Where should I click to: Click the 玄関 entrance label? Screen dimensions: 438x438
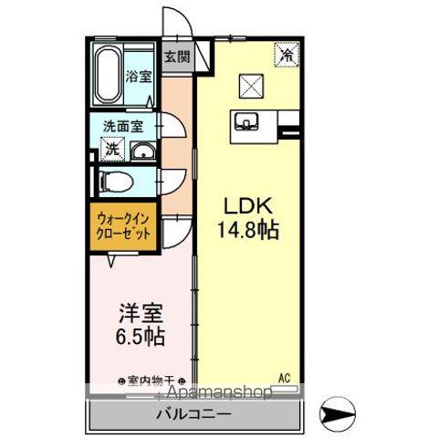(x=177, y=57)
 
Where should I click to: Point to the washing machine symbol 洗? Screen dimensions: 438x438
(x=110, y=149)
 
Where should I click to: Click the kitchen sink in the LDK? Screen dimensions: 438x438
(x=248, y=121)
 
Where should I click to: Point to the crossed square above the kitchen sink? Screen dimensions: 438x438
(x=249, y=87)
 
